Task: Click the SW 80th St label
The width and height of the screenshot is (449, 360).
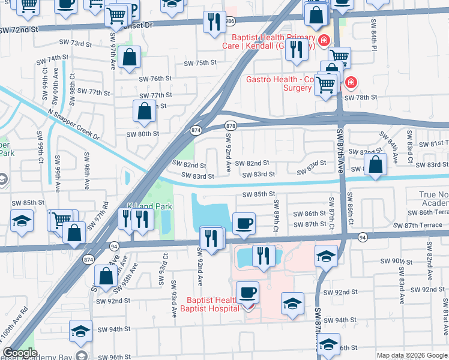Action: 142,134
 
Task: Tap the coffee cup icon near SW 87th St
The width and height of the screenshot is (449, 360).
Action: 244,223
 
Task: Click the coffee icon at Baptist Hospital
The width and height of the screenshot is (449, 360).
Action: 247,292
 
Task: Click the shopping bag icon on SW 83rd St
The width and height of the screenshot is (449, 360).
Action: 375,165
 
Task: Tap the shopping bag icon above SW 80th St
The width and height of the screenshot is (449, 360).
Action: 144,111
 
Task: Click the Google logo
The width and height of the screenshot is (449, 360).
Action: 20,353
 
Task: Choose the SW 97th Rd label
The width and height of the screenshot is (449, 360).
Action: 97,217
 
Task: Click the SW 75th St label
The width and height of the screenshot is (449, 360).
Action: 199,63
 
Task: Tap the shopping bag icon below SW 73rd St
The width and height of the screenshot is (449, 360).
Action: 130,58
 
